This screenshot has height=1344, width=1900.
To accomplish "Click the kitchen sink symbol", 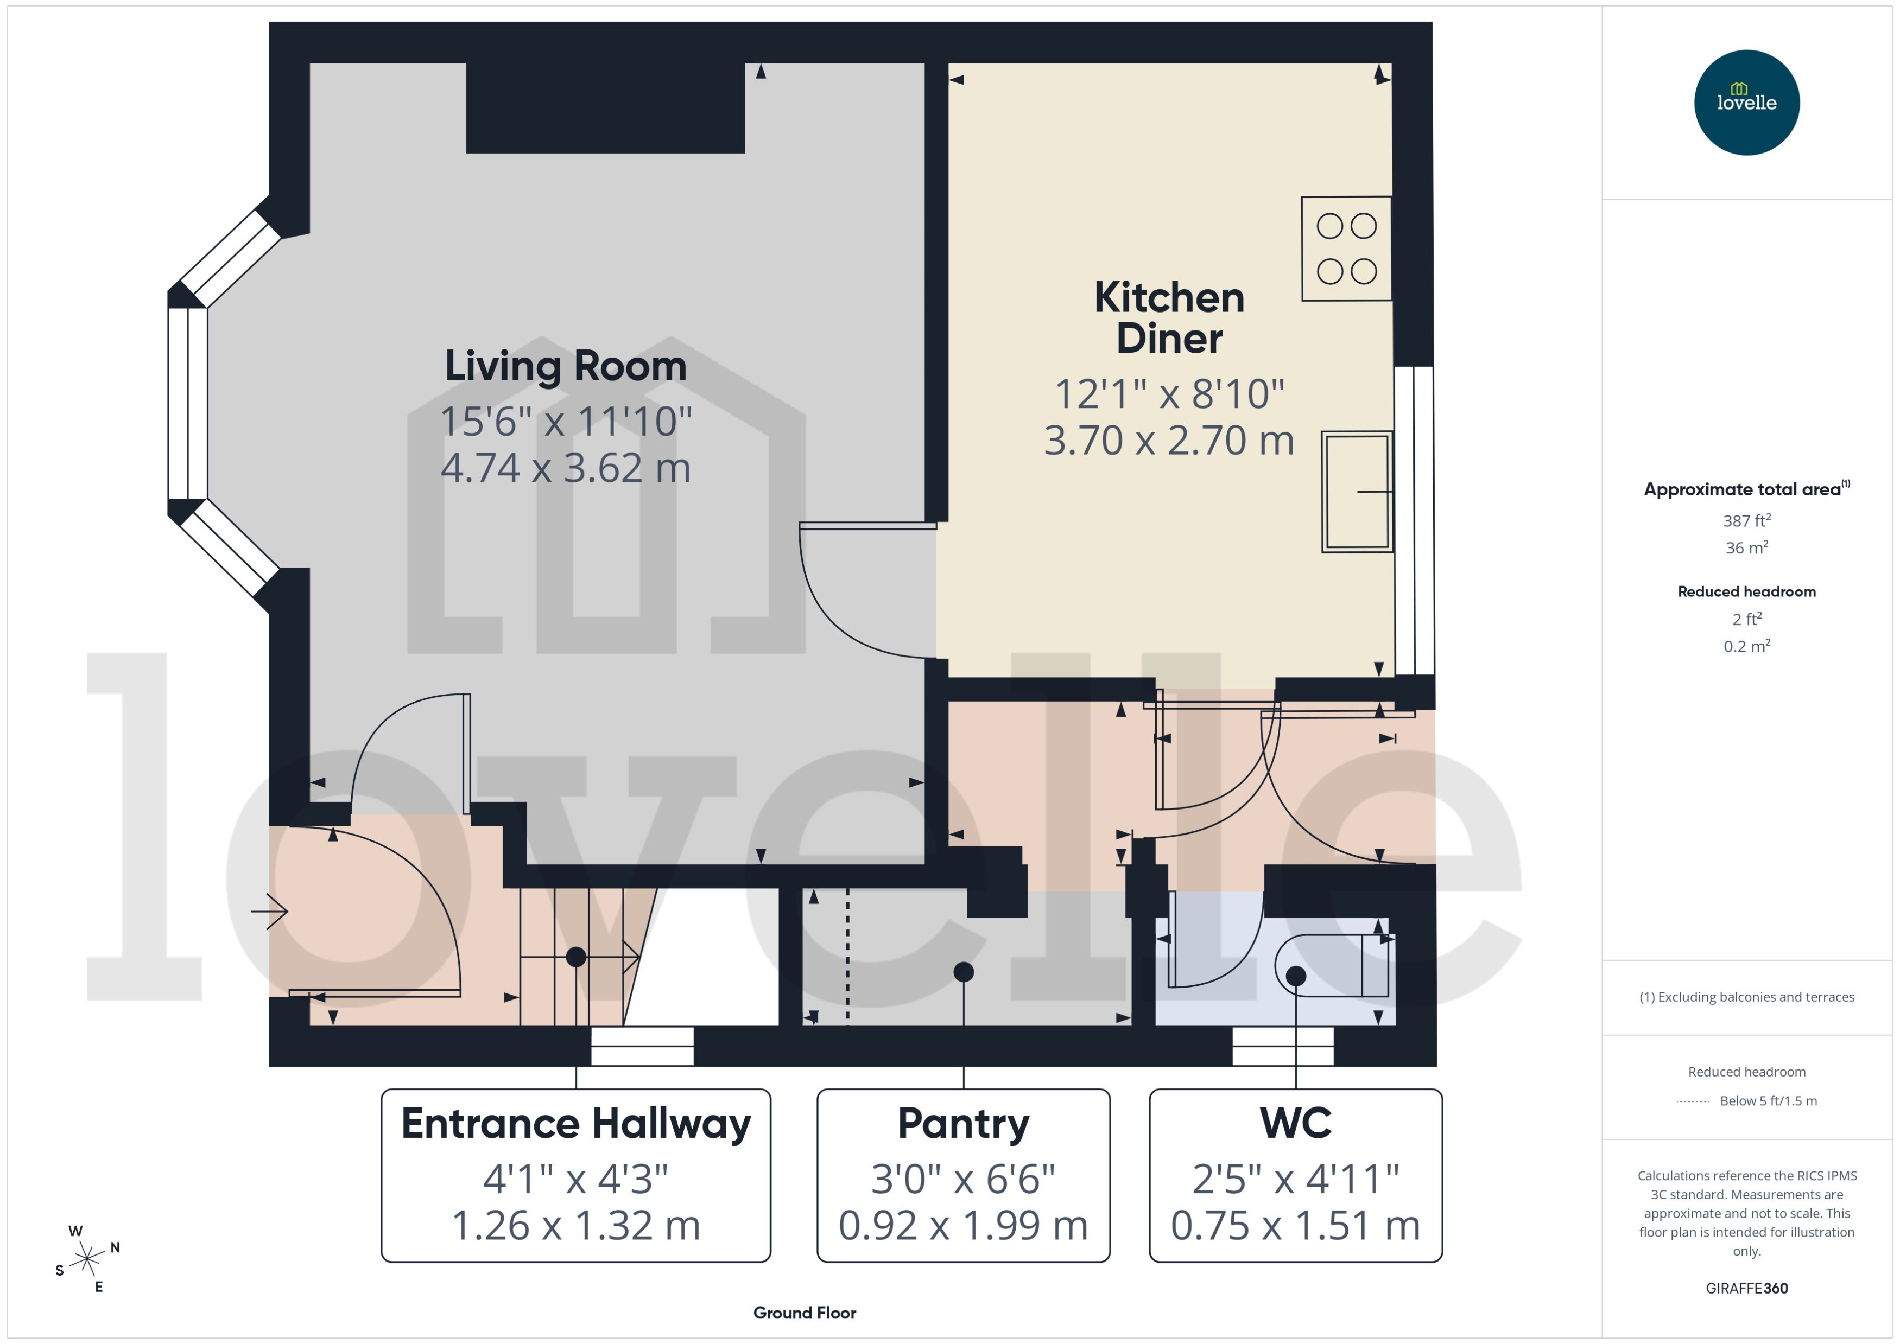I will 1356,492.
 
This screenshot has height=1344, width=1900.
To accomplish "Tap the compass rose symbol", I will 87,1259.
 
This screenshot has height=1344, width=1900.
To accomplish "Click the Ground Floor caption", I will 804,1313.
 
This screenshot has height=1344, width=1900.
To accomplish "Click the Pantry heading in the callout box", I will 963,1123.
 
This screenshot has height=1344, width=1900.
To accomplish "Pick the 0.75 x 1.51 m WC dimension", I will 1295,1226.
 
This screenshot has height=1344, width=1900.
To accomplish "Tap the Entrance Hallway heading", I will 575,1123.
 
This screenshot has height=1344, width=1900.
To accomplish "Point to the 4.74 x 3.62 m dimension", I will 566,468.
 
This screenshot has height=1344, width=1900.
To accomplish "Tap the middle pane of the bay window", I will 188,403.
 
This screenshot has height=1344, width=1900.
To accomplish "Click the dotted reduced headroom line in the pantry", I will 847,956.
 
